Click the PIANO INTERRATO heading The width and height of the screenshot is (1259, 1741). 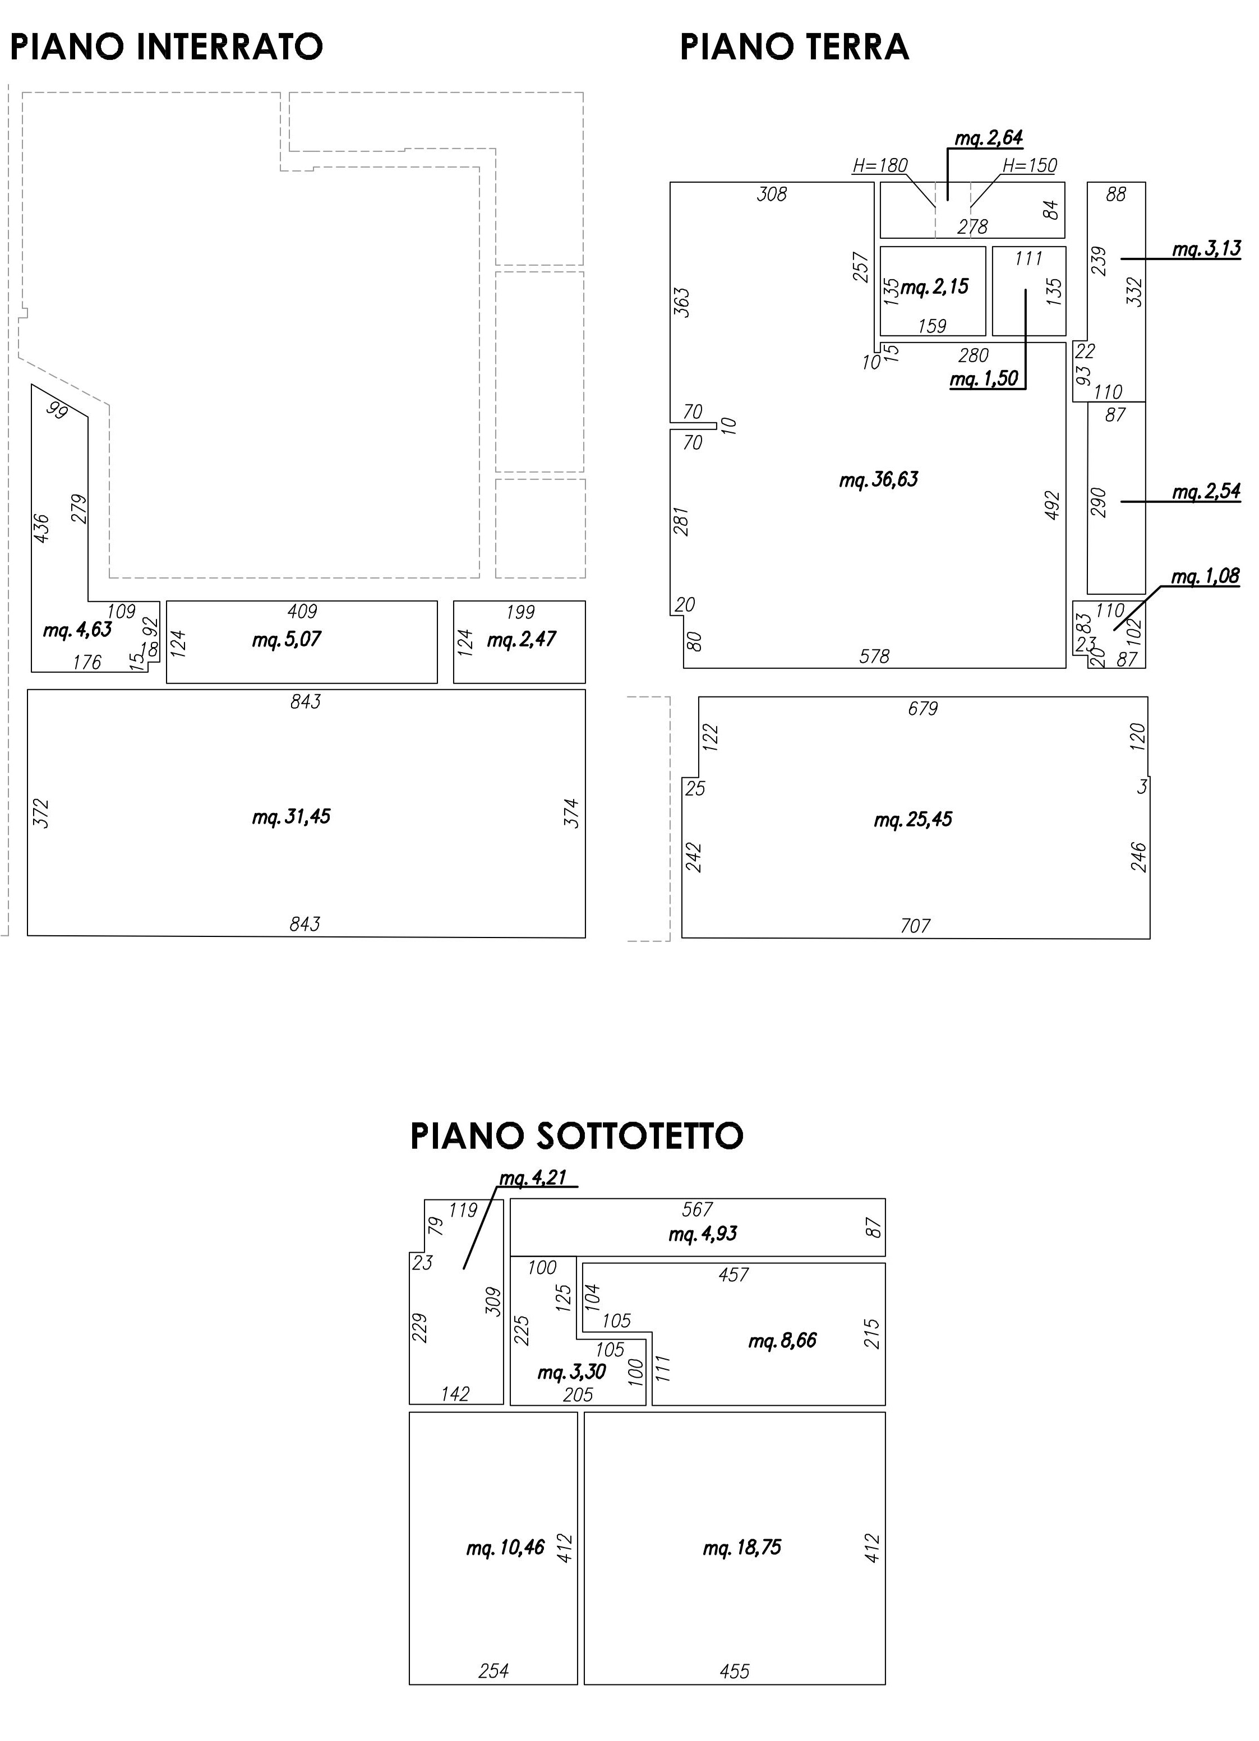pyautogui.click(x=166, y=47)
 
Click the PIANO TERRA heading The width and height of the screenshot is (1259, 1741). pyautogui.click(x=795, y=47)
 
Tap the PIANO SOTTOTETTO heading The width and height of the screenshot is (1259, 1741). pyautogui.click(x=577, y=1136)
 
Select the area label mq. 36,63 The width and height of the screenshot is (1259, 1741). pyautogui.click(x=879, y=481)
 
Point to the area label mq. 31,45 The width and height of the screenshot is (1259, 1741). pyautogui.click(x=292, y=817)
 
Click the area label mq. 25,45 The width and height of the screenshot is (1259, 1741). pyautogui.click(x=913, y=820)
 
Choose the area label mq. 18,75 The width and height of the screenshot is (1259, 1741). pyautogui.click(x=743, y=1548)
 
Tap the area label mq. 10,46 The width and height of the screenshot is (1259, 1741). pyautogui.click(x=505, y=1548)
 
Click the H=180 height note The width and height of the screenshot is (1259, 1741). pyautogui.click(x=880, y=165)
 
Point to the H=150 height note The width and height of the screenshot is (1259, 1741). pyautogui.click(x=1030, y=165)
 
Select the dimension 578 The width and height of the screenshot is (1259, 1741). pyautogui.click(x=874, y=657)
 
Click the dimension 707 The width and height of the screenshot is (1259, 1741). pyautogui.click(x=916, y=926)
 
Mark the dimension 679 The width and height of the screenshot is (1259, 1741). pyautogui.click(x=923, y=709)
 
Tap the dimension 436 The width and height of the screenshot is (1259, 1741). pyautogui.click(x=41, y=529)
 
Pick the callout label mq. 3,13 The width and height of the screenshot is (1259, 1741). pyautogui.click(x=1207, y=250)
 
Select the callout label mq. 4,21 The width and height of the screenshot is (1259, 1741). pyautogui.click(x=533, y=1177)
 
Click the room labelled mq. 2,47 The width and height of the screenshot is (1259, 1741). pyautogui.click(x=520, y=642)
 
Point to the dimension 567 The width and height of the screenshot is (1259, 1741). pyautogui.click(x=697, y=1210)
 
